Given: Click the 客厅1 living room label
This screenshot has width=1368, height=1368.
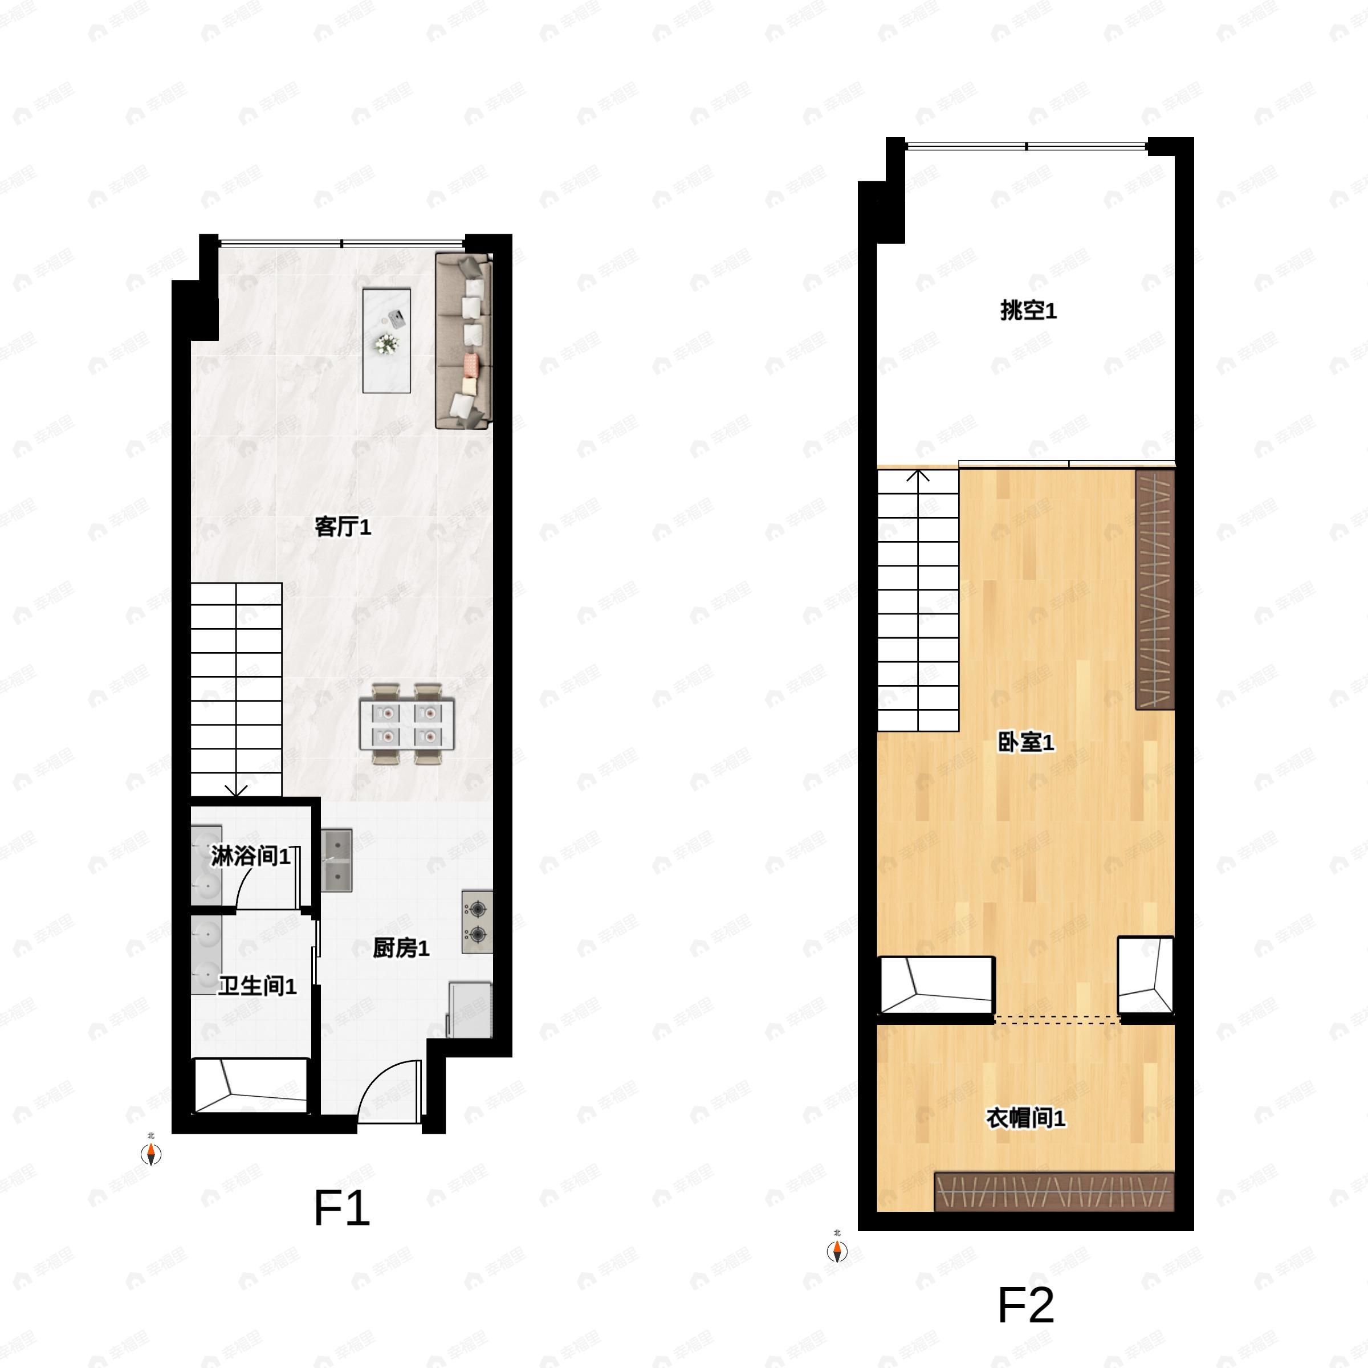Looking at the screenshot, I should click(343, 527).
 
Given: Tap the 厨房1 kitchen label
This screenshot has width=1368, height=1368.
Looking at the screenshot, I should click(401, 948).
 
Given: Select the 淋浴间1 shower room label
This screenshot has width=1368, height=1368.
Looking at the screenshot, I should click(251, 856).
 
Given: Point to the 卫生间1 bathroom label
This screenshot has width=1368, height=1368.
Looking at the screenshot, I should click(257, 986).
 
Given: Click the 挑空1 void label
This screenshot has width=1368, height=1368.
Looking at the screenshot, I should click(1028, 310).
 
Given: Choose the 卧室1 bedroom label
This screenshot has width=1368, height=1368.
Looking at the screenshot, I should click(1026, 742).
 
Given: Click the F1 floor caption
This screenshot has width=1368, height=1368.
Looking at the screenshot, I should click(341, 1208).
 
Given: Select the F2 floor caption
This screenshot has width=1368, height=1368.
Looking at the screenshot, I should click(1025, 1305).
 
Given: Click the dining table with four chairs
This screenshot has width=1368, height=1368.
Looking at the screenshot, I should click(407, 724).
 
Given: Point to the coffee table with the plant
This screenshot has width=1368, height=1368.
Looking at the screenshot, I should click(386, 340).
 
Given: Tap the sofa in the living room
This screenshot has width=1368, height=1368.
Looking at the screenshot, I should click(463, 341).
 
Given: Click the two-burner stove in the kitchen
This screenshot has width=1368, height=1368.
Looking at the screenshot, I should click(477, 921).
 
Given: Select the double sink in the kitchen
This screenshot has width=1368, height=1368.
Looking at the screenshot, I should click(337, 860).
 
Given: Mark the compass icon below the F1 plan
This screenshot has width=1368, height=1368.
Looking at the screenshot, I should click(151, 1154).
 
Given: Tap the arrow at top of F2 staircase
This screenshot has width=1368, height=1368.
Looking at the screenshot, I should click(918, 476).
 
